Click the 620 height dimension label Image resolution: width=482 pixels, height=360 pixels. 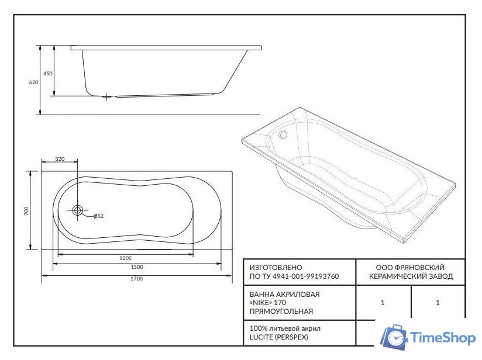pyautogui.click(x=33, y=82)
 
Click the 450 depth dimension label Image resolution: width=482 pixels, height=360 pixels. pyautogui.click(x=47, y=74)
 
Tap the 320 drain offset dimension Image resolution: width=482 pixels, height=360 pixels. pyautogui.click(x=60, y=159)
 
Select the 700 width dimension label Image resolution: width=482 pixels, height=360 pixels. pyautogui.click(x=26, y=211)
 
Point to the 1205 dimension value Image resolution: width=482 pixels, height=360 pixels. pyautogui.click(x=125, y=258)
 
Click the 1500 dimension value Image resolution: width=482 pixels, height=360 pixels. pyautogui.click(x=137, y=267)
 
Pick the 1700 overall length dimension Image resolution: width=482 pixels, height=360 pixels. pyautogui.click(x=137, y=279)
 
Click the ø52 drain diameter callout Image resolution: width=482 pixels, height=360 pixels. pyautogui.click(x=99, y=216)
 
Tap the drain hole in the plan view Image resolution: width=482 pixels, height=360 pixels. pyautogui.click(x=77, y=210)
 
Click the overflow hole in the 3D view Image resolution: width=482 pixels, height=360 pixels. pyautogui.click(x=283, y=134)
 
